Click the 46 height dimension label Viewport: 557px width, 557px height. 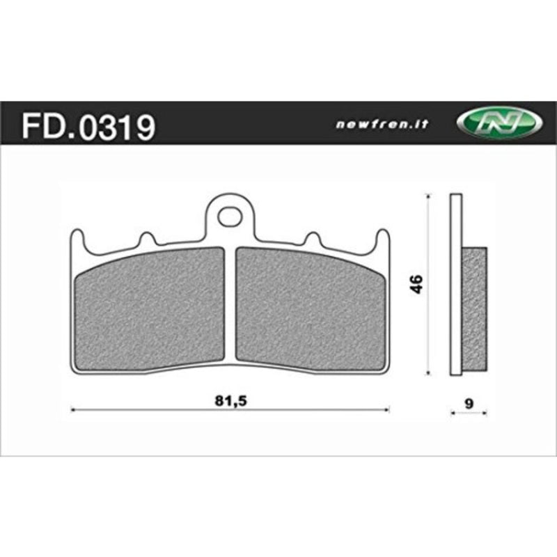[x=416, y=284]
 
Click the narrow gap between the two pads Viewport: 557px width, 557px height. [x=231, y=306]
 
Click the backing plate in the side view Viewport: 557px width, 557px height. [x=456, y=285]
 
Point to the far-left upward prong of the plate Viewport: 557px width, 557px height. [x=77, y=240]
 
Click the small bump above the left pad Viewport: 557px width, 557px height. [x=147, y=240]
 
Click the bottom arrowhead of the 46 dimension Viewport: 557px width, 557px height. [x=427, y=372]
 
